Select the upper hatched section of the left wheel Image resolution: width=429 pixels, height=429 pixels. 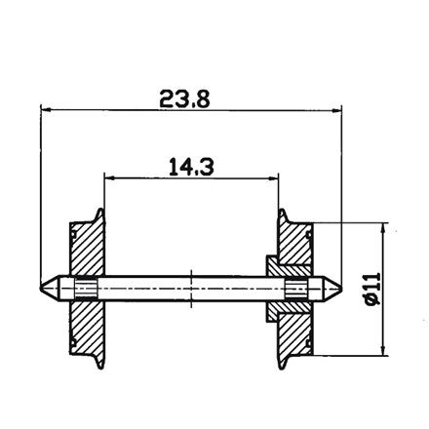[x=86, y=250]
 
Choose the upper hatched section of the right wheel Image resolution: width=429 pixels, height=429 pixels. [x=293, y=249]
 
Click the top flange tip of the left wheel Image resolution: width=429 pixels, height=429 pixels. [x=98, y=210]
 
